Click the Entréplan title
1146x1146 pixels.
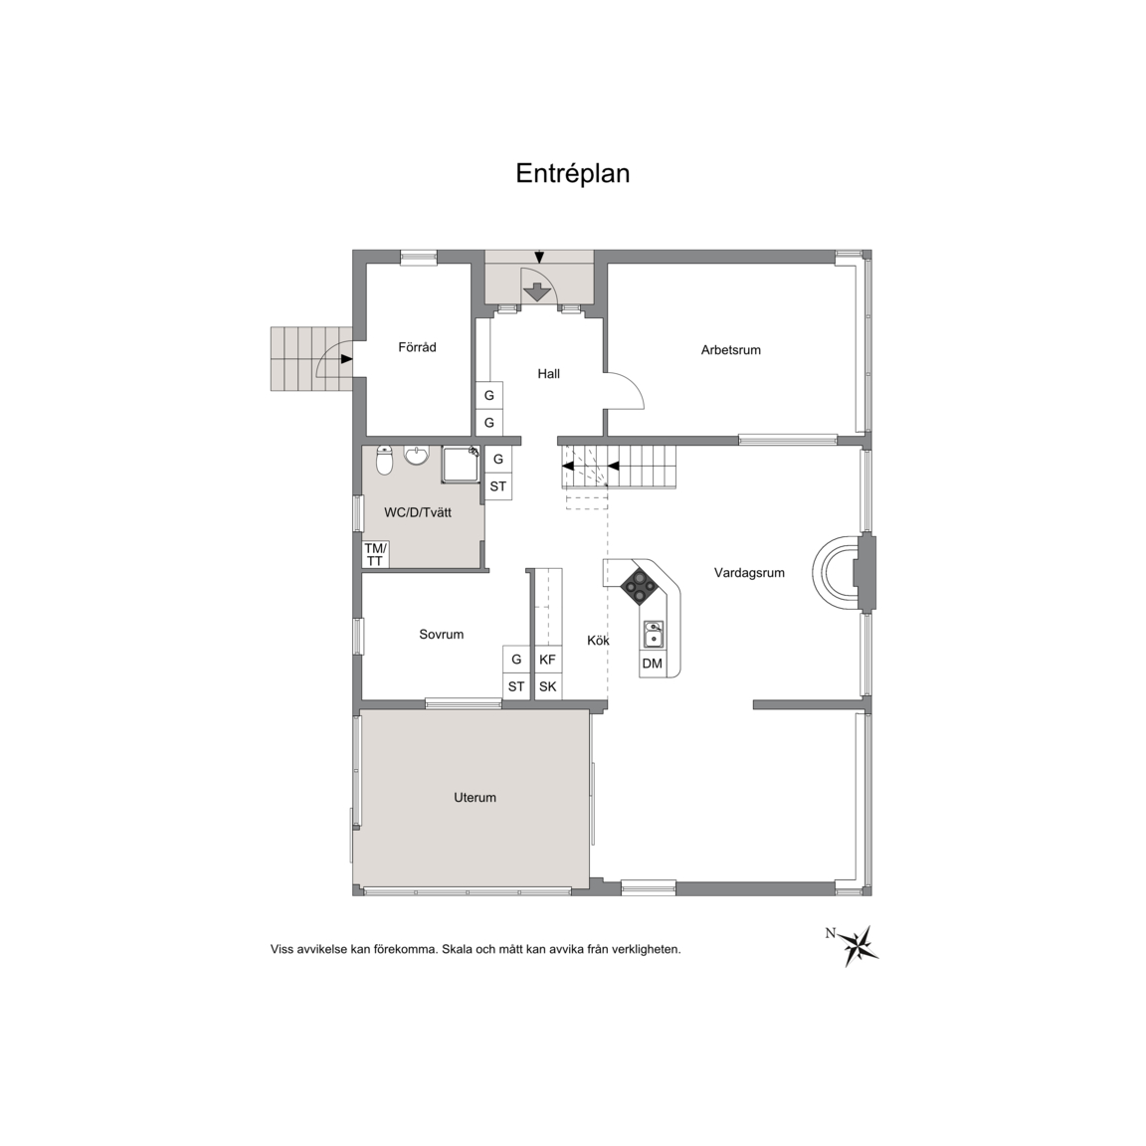tap(572, 174)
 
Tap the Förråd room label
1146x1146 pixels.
tap(418, 347)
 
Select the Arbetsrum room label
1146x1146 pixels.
tap(731, 350)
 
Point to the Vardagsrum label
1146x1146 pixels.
tap(749, 573)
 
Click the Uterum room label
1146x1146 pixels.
tap(476, 798)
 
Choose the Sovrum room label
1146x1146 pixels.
tap(441, 635)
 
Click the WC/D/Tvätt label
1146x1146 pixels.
tap(418, 512)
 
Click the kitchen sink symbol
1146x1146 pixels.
tap(654, 635)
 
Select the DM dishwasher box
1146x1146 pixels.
tap(652, 664)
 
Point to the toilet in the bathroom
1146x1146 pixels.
tap(384, 461)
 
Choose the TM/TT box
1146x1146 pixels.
tap(376, 555)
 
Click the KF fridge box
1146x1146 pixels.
tap(547, 660)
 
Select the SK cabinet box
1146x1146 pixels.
tap(547, 686)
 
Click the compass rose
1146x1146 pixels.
tap(859, 945)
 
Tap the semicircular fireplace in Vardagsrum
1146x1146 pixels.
tap(829, 571)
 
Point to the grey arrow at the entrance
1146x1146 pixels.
tap(538, 291)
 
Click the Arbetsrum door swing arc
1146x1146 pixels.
tap(633, 384)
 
